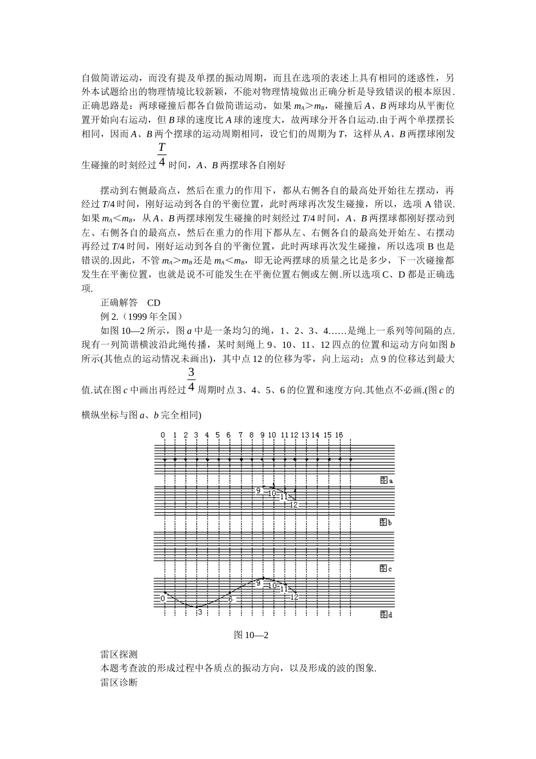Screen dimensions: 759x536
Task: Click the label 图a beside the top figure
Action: coord(385,480)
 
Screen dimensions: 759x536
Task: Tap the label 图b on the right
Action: coord(385,522)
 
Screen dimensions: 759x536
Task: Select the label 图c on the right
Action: coord(385,568)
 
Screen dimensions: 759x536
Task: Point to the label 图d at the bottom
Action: coord(385,614)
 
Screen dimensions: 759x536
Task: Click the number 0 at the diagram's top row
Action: coord(163,435)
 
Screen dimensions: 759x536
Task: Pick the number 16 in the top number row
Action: coord(339,435)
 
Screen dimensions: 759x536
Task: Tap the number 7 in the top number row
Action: coord(241,435)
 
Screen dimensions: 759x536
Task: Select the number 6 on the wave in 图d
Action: coord(230,599)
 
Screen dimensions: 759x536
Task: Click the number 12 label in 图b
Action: coord(293,504)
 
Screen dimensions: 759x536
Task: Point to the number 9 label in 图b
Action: coord(258,491)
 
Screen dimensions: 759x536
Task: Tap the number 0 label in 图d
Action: coord(163,598)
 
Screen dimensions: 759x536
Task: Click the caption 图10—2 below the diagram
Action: coord(251,635)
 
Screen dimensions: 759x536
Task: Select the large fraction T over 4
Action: coord(162,154)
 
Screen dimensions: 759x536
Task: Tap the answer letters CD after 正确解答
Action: coord(153,303)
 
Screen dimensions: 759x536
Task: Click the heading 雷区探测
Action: coord(118,655)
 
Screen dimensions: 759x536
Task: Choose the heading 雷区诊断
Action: coord(118,682)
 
